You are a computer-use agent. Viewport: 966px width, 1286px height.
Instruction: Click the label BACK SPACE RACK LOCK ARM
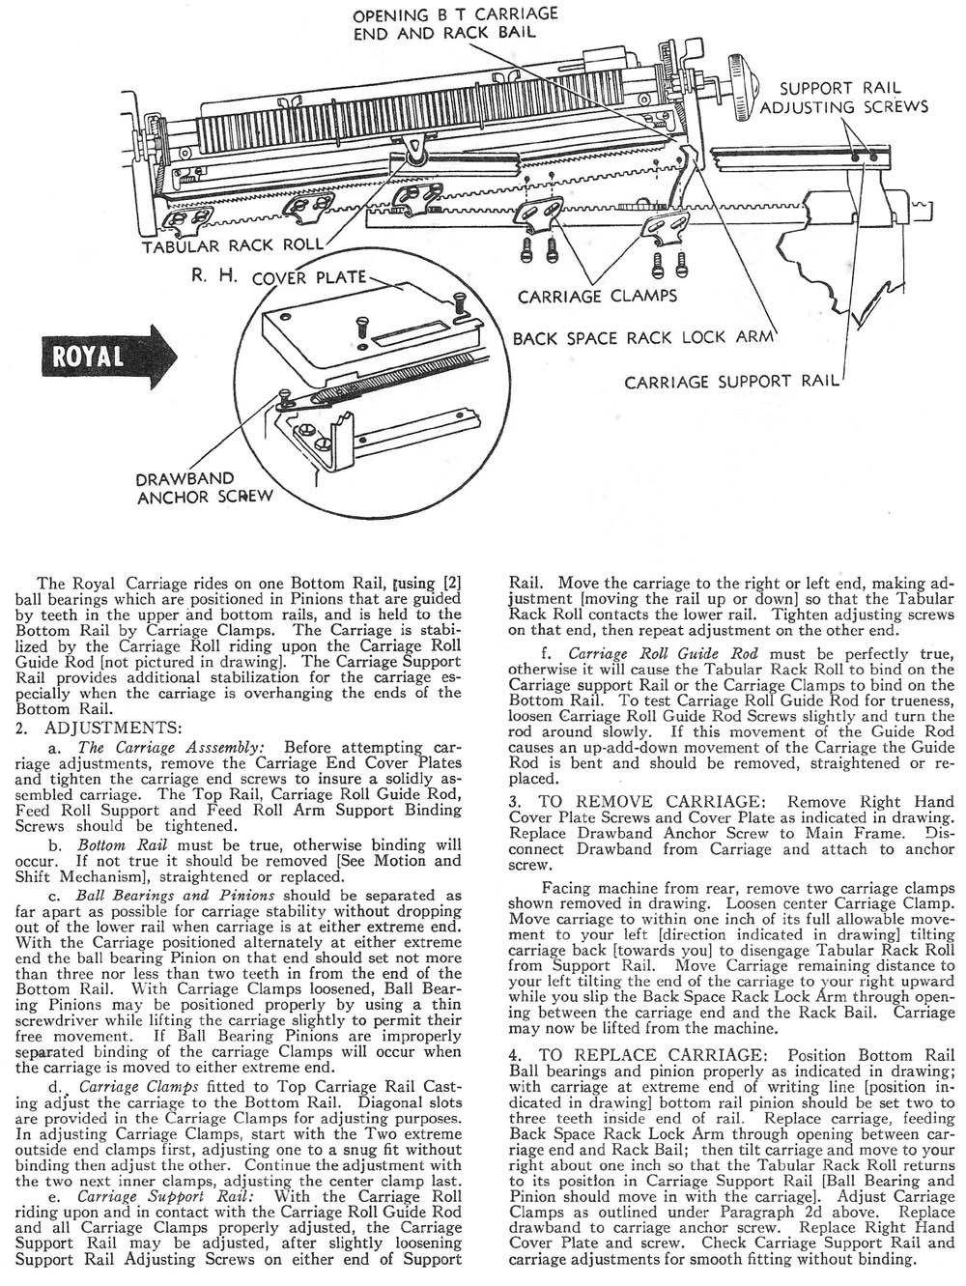643,339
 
